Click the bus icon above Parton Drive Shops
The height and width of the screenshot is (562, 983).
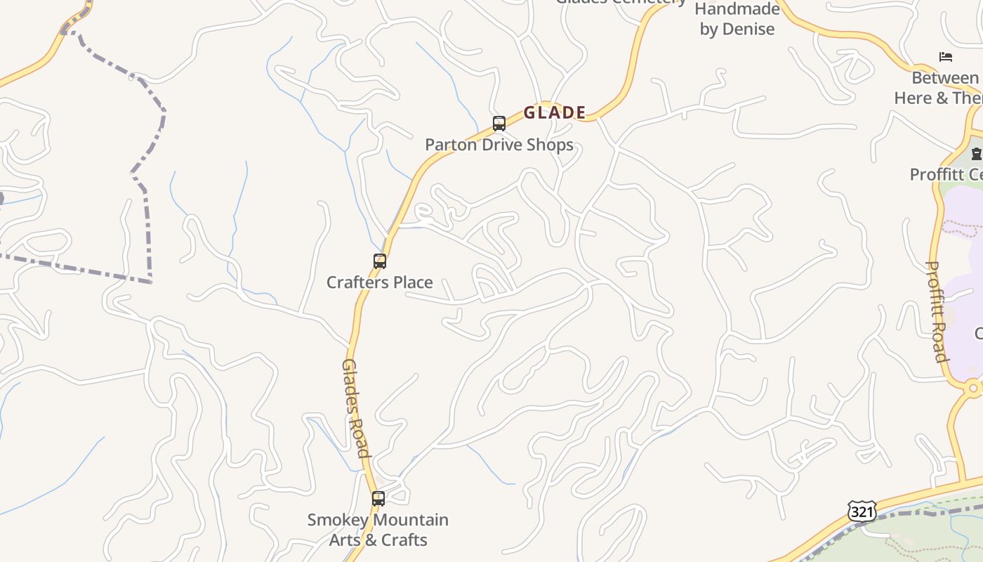click(x=499, y=124)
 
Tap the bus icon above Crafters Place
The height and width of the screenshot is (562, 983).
click(x=380, y=261)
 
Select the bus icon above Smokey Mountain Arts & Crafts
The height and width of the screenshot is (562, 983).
click(x=378, y=499)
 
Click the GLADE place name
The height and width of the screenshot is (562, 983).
click(x=555, y=112)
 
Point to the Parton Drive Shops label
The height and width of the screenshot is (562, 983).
click(x=499, y=145)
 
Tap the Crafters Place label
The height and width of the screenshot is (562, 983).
click(x=380, y=282)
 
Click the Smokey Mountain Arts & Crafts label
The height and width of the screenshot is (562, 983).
click(x=378, y=530)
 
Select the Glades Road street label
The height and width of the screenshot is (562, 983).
click(x=355, y=408)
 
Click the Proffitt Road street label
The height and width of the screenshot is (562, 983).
click(x=937, y=311)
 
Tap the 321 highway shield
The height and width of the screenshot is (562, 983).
click(x=862, y=511)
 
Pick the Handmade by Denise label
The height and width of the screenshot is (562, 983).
click(x=737, y=19)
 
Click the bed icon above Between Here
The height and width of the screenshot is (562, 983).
click(x=946, y=57)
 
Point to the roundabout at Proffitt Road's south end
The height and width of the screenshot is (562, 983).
click(x=972, y=388)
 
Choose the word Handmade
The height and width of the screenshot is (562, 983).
click(x=737, y=9)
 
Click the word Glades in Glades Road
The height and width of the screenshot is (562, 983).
click(x=350, y=385)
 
